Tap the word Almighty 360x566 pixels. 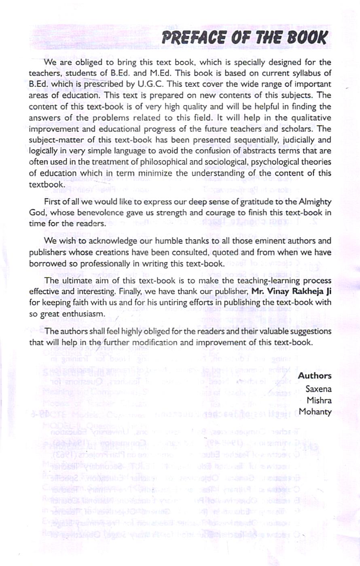(313, 202)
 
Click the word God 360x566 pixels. (36, 213)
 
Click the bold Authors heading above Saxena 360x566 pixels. (315, 376)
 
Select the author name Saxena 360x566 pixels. (318, 389)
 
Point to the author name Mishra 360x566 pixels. (319, 400)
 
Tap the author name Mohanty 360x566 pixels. (315, 412)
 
